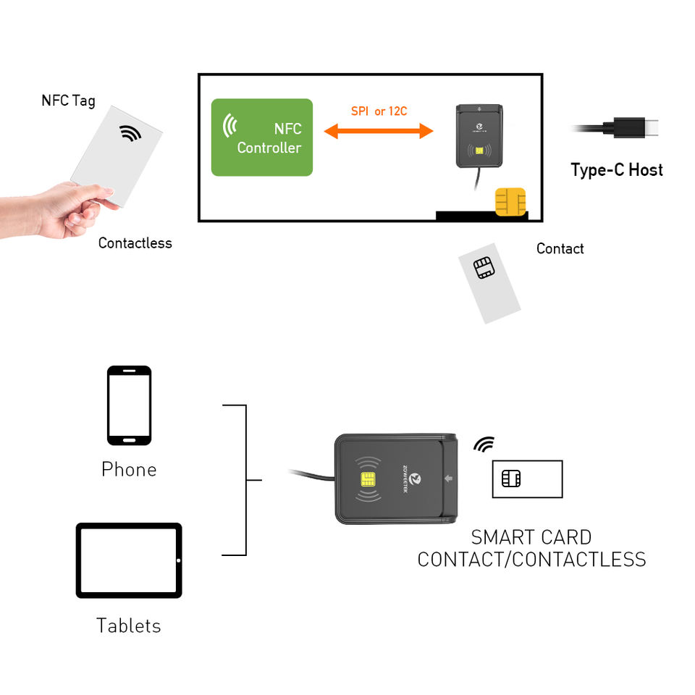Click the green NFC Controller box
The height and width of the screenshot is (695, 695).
click(x=261, y=138)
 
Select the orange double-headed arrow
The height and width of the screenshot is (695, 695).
click(x=378, y=131)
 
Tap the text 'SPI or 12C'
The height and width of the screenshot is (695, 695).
click(x=379, y=111)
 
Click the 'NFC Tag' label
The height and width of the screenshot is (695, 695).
click(x=68, y=100)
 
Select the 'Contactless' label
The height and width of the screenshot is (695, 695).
click(x=135, y=243)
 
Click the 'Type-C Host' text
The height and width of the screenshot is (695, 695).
click(x=617, y=170)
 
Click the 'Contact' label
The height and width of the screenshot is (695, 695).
click(x=560, y=248)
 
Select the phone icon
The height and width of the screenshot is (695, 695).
click(x=129, y=405)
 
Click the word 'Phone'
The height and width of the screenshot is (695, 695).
click(x=129, y=469)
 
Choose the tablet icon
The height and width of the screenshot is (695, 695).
click(x=129, y=560)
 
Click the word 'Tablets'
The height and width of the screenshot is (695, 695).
click(x=129, y=625)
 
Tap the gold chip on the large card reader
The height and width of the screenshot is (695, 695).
click(x=368, y=479)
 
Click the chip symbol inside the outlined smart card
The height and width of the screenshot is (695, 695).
click(x=511, y=479)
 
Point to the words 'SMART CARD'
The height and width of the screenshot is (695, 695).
click(x=531, y=537)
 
